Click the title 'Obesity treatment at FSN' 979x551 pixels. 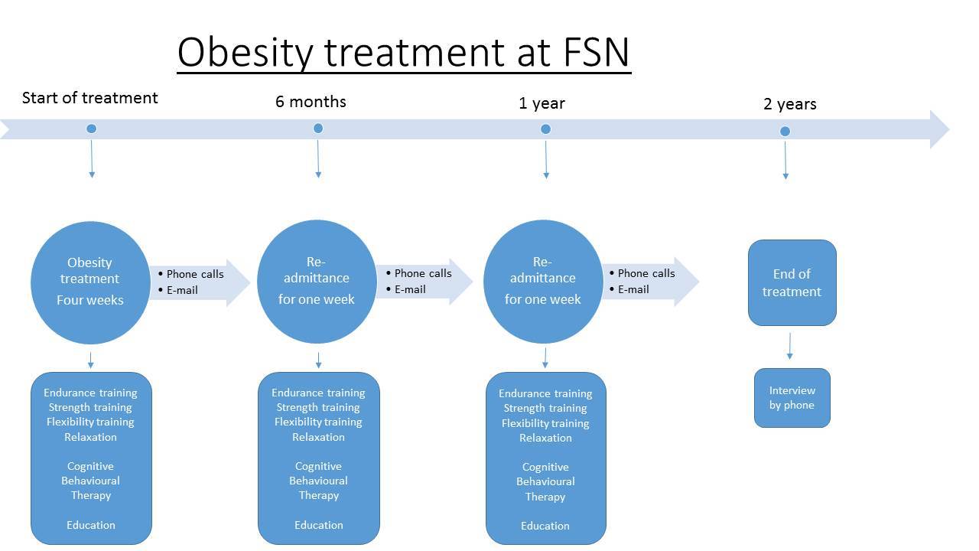403,53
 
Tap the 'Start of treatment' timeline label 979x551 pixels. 90,97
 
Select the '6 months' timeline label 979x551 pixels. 311,102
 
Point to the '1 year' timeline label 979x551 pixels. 542,103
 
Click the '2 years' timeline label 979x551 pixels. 790,104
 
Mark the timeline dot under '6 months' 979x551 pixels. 318,128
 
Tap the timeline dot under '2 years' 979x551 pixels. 785,131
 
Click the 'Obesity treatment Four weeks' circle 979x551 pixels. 90,282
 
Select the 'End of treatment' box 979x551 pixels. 792,282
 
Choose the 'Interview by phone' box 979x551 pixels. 792,397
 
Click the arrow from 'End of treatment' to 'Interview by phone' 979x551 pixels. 790,347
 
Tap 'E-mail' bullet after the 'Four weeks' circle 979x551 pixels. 182,290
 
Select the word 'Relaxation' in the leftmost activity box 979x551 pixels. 90,437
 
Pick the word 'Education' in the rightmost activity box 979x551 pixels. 545,526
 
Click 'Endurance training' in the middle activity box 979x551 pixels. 318,393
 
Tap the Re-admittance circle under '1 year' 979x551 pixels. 543,282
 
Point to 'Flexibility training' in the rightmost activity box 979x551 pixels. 545,423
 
